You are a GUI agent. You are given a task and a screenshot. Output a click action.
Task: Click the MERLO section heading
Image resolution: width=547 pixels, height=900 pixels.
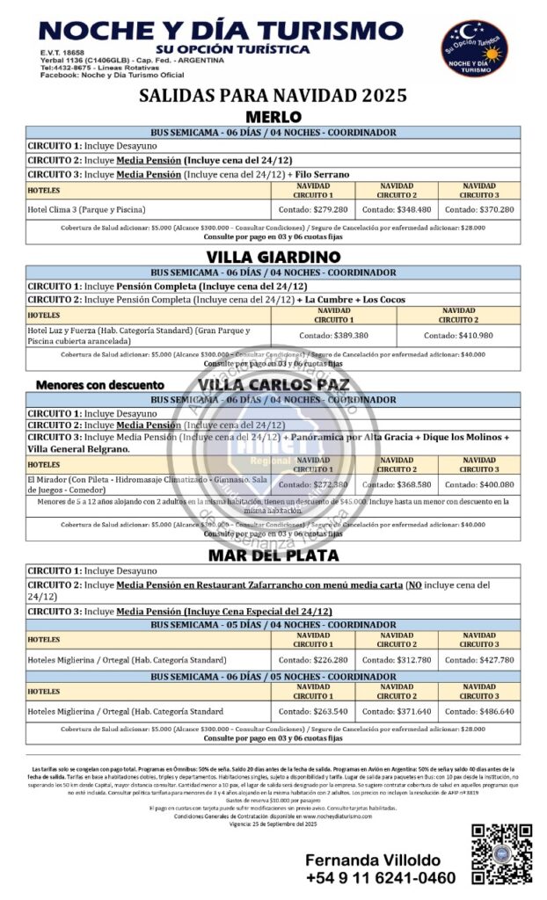(273, 117)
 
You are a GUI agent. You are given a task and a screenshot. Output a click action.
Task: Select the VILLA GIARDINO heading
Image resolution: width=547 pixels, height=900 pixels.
(273, 257)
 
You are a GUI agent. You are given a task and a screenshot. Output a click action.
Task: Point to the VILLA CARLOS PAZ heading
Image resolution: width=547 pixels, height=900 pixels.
(273, 385)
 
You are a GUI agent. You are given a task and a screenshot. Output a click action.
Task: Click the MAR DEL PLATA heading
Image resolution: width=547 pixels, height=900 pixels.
(273, 555)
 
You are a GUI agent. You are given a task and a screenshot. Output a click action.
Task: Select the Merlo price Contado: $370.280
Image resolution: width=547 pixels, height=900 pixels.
(478, 210)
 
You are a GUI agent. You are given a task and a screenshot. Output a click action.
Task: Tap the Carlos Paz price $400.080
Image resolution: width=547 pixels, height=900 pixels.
(478, 484)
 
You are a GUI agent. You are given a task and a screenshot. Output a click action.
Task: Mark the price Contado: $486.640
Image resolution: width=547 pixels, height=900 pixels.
(478, 711)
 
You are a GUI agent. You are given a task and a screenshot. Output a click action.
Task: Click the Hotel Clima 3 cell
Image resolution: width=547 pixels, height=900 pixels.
(86, 210)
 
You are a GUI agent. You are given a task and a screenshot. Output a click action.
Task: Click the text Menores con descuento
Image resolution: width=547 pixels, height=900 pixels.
(99, 385)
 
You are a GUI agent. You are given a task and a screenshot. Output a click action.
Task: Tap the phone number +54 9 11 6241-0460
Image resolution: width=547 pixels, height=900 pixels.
(381, 878)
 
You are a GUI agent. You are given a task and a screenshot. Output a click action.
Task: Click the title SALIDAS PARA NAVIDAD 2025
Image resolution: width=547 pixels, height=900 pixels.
(273, 96)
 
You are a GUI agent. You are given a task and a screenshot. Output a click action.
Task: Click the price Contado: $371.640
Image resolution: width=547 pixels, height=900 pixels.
(396, 711)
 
